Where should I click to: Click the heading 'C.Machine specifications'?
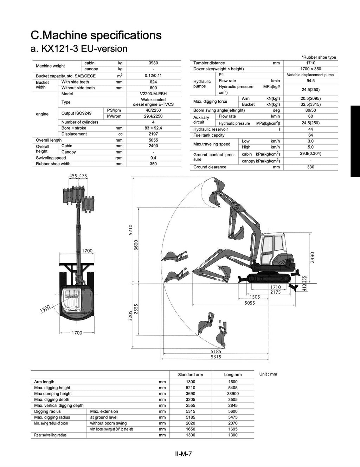[96, 35]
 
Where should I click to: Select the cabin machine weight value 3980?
[153, 63]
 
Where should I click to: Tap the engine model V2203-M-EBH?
[153, 94]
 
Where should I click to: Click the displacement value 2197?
[153, 134]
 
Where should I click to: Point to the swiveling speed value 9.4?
[153, 158]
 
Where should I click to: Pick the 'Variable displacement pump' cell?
[310, 75]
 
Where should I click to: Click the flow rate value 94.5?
[310, 81]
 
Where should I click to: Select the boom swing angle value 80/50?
[310, 110]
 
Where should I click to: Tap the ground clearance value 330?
[310, 167]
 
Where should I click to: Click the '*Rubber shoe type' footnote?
[319, 57]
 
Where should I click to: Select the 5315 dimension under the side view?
[216, 357]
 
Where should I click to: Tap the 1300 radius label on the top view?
[45, 309]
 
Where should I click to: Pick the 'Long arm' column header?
[233, 375]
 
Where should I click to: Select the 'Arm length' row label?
[44, 382]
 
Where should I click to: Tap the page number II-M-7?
[183, 454]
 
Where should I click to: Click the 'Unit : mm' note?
[268, 374]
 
